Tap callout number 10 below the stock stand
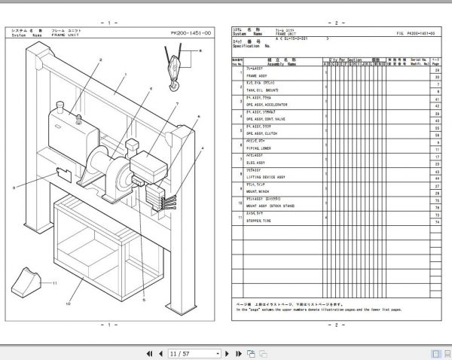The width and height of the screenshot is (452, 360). tap(68, 304)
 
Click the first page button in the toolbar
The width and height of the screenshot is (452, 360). tap(148, 352)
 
